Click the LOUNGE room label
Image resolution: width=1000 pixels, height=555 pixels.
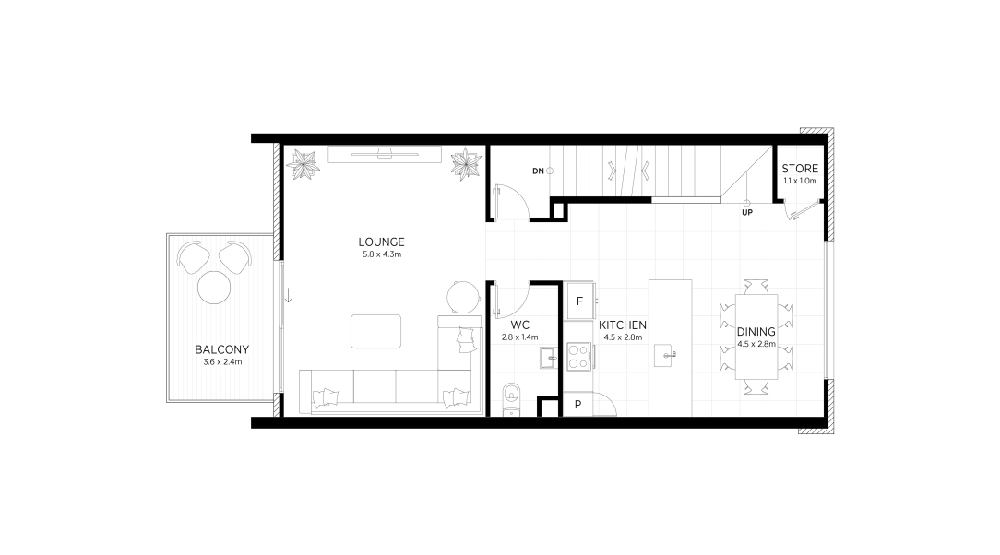381,242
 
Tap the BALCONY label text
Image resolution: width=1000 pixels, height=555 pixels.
222,349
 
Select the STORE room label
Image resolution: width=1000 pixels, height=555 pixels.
800,169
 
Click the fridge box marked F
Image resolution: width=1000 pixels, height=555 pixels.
580,301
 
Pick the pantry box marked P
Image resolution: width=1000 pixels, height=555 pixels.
577,405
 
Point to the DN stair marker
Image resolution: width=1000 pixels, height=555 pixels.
538,171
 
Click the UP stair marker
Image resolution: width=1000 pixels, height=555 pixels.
747,212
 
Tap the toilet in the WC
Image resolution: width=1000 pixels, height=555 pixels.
511,399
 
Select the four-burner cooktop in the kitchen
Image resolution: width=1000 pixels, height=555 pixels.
578,357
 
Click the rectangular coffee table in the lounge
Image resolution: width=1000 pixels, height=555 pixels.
376,331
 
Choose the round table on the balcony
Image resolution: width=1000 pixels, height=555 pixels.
214,288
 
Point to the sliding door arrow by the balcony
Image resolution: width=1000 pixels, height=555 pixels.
288,295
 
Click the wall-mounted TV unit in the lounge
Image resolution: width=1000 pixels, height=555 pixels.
385,154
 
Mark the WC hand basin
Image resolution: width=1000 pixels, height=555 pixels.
548,358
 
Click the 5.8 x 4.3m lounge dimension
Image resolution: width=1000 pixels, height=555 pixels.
381,254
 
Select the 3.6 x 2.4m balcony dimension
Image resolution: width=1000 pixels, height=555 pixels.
222,362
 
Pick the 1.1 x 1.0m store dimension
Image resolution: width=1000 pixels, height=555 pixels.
800,181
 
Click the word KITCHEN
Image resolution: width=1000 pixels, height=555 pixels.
623,325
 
